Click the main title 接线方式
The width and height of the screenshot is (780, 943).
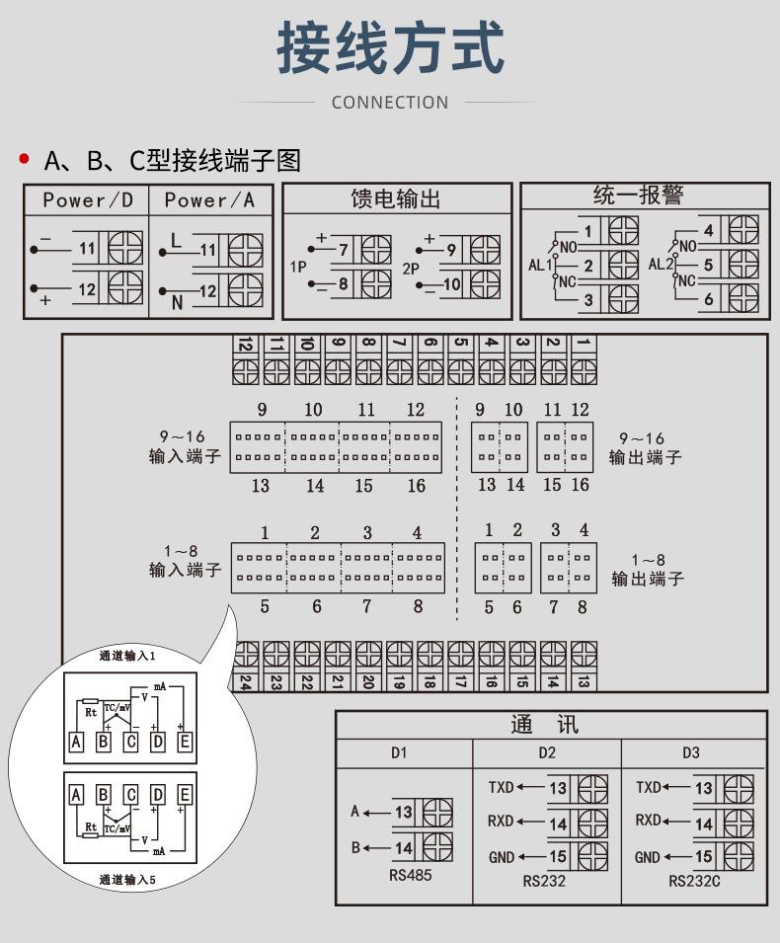tap(390, 49)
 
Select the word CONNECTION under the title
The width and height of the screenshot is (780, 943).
tap(390, 102)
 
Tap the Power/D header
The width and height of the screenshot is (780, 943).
tap(88, 200)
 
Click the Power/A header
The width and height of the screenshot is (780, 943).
tap(209, 200)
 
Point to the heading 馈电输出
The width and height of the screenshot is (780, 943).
tap(396, 198)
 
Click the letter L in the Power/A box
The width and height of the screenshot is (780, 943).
tap(177, 240)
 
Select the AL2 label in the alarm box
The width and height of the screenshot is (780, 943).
tap(660, 264)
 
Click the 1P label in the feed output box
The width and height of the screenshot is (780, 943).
tap(298, 267)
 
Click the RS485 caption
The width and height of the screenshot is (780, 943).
tap(411, 875)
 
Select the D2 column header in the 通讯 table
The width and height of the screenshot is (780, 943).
tap(547, 753)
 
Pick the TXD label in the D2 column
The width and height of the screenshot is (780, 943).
tap(502, 788)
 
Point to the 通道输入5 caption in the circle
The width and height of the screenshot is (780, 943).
tap(127, 879)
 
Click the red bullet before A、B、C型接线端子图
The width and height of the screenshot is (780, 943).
tap(24, 159)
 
